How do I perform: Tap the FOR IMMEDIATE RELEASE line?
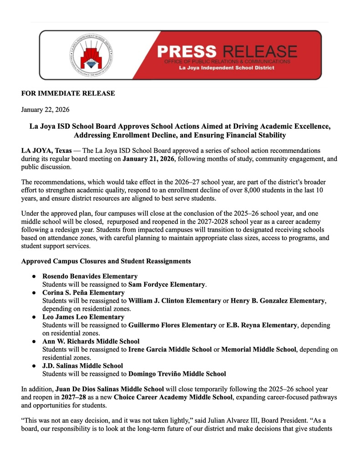coord(68,93)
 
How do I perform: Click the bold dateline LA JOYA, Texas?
coord(46,150)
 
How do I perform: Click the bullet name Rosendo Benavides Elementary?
coord(90,276)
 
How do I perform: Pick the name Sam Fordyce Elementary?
coord(167,284)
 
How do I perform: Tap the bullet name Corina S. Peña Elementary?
coord(83,293)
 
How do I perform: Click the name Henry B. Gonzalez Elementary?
coord(278,301)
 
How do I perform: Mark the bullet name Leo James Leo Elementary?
coord(83,317)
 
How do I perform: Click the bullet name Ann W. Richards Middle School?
coord(91,341)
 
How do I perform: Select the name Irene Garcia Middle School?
coord(170,349)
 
